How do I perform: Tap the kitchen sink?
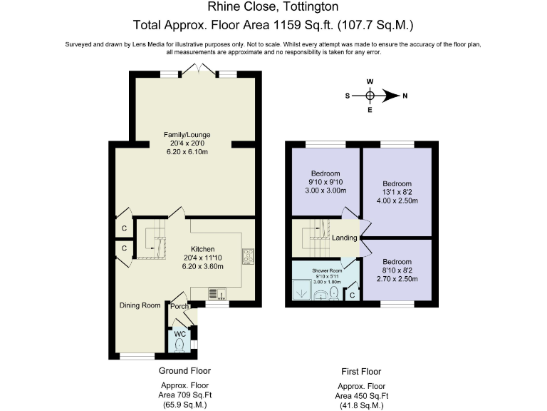click(x=217, y=293)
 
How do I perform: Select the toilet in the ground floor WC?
click(x=179, y=346)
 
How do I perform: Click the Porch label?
click(x=179, y=307)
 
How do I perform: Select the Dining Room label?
click(x=140, y=305)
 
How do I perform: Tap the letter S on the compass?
click(x=348, y=95)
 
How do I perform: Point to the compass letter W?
click(x=370, y=81)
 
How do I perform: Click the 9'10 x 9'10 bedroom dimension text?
click(x=325, y=182)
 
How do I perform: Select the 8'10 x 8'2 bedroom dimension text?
click(x=397, y=270)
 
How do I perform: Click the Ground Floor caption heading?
click(x=184, y=370)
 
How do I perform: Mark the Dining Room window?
click(x=136, y=355)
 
